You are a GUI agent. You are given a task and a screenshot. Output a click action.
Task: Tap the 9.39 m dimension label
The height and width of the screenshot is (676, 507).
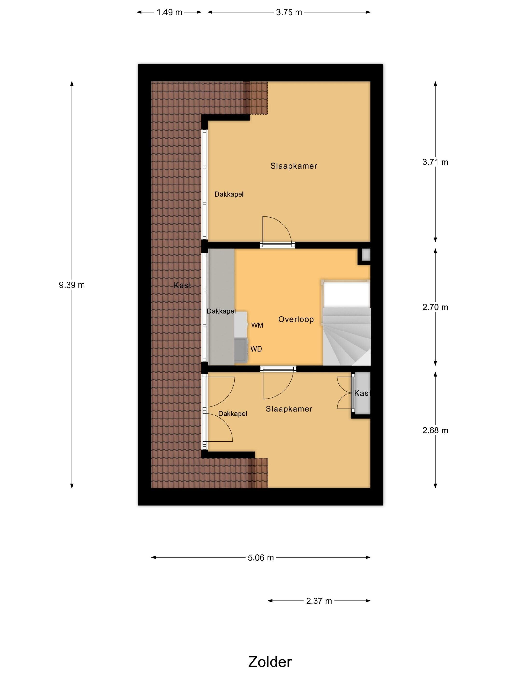(x=72, y=285)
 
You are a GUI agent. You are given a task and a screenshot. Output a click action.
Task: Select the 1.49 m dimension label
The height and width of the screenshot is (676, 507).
(x=169, y=12)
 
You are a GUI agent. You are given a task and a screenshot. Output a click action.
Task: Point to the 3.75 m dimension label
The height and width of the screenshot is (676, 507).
(x=289, y=12)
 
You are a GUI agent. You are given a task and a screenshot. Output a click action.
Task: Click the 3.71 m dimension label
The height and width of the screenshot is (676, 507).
(x=435, y=162)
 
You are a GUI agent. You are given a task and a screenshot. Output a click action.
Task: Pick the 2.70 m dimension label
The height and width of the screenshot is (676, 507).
(x=435, y=307)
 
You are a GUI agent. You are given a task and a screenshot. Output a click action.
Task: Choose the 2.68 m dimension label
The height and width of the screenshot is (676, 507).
(x=435, y=430)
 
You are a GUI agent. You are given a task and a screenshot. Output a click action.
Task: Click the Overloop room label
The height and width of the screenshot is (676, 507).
(x=296, y=319)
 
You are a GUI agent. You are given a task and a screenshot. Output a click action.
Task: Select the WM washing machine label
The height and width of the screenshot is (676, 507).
(x=257, y=325)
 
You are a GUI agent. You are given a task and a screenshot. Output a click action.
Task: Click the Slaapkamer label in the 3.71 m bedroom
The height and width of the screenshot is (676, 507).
(x=294, y=166)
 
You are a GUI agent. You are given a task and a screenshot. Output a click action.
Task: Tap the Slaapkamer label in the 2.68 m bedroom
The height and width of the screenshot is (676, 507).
(x=289, y=409)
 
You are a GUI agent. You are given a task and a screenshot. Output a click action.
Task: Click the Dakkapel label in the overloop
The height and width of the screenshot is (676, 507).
(x=221, y=311)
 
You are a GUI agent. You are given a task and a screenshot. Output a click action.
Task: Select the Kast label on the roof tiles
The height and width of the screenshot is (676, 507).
(x=183, y=285)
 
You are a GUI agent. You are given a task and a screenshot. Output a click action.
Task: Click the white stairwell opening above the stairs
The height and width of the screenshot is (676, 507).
(x=346, y=295)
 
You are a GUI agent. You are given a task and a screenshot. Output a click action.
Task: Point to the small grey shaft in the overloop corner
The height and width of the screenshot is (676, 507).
(x=366, y=254)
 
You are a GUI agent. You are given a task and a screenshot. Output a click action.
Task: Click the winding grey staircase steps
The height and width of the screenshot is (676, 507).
(x=346, y=336)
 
